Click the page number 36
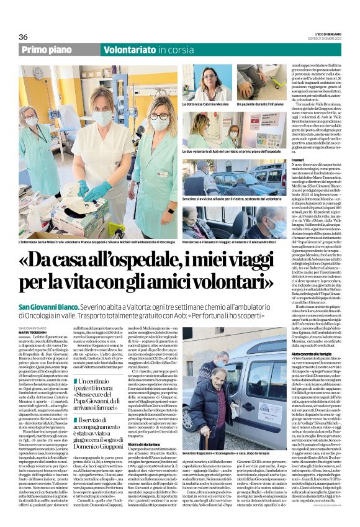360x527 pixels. tap(24, 37)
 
